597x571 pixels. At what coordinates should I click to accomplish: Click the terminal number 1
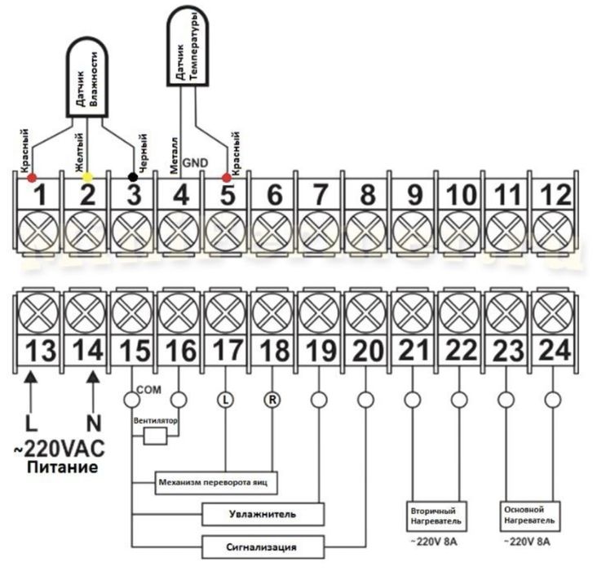click(41, 195)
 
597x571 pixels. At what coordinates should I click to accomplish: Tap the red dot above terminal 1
click(32, 177)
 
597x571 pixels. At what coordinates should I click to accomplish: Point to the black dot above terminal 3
click(133, 176)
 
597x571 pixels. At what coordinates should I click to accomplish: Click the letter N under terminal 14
click(93, 425)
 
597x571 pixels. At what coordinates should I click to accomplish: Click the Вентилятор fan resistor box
click(154, 436)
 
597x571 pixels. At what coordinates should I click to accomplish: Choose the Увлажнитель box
click(263, 514)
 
